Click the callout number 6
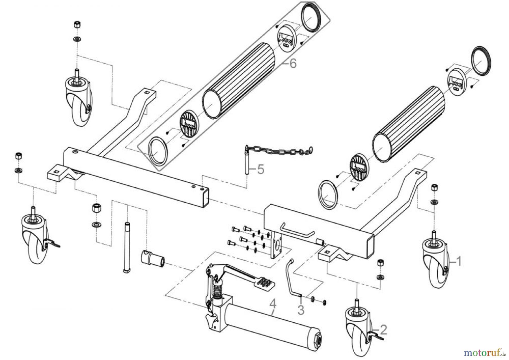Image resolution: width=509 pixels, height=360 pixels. tap(293, 64)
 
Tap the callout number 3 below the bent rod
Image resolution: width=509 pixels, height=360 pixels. tap(301, 310)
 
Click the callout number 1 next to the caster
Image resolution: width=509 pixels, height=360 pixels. tap(459, 261)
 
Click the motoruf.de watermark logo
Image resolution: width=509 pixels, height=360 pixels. tap(484, 352)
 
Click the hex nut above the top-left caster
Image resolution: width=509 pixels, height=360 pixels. tap(77, 25)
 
